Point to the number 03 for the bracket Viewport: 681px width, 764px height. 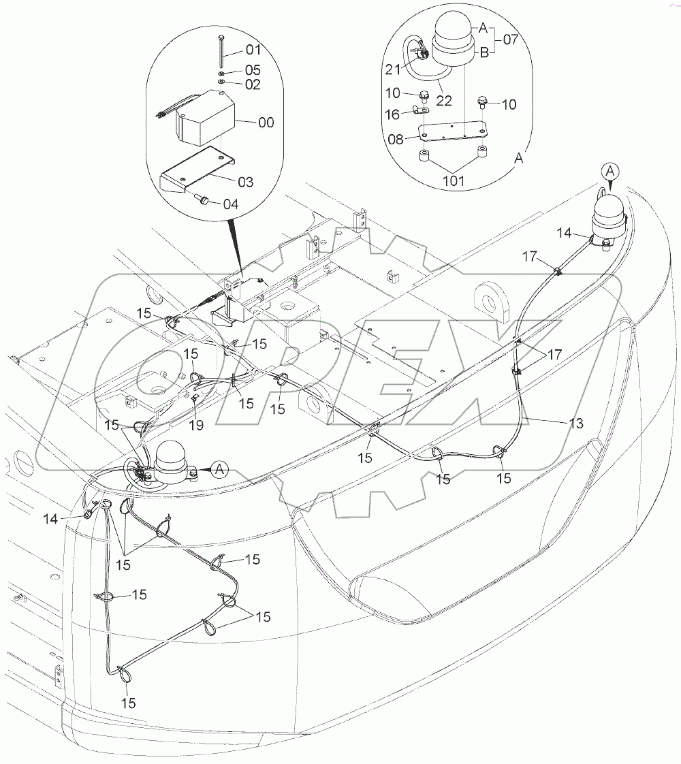244,182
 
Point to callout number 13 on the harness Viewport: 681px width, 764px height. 575,424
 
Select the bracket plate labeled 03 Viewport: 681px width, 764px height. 197,174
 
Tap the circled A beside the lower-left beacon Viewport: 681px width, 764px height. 219,468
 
